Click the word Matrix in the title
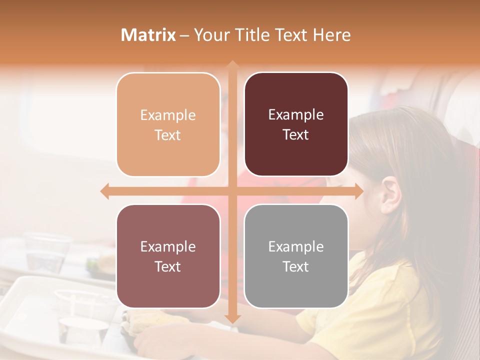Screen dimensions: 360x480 [x=148, y=35]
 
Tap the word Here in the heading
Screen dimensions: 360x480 [x=332, y=35]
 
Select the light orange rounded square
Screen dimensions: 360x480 [x=168, y=124]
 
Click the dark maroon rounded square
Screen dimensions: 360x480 [x=296, y=124]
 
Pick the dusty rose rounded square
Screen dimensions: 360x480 [x=168, y=256]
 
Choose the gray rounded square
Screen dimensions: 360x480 [x=296, y=256]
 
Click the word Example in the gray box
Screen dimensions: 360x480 [x=296, y=246]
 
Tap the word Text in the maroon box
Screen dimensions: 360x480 [x=296, y=135]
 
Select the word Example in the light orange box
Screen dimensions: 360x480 [x=168, y=115]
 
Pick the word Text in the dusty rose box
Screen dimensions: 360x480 [x=168, y=266]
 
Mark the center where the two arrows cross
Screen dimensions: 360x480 [x=232, y=191]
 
